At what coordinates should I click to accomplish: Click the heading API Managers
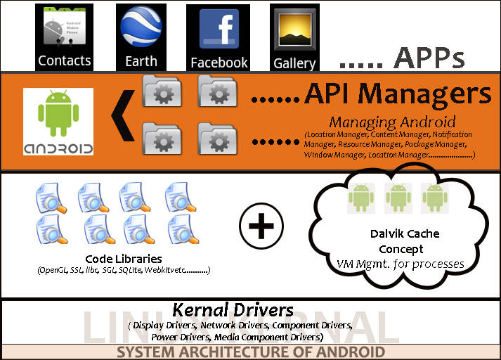tap(397, 94)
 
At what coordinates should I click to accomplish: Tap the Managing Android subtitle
tap(392, 121)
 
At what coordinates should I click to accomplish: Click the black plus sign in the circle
tap(261, 228)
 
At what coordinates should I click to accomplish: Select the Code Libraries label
tap(123, 259)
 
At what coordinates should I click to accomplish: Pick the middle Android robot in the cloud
tap(398, 198)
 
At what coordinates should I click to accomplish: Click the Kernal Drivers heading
tap(233, 309)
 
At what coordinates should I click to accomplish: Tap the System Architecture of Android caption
tap(251, 352)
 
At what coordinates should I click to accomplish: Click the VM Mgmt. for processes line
tap(401, 264)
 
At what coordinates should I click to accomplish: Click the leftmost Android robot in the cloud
tap(361, 198)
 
